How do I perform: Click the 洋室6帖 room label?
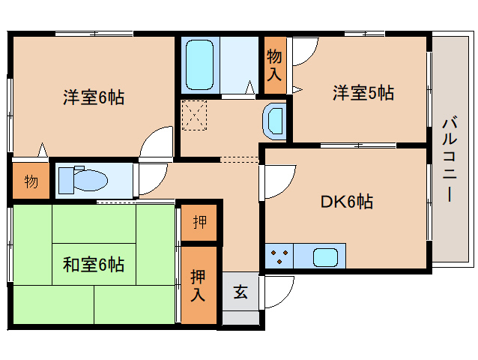point(94,97)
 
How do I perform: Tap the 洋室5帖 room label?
point(363,94)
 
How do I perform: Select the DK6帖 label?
point(347,201)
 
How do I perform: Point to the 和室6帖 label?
point(94,264)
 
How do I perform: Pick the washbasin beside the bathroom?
point(275,121)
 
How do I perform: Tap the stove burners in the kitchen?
point(279,256)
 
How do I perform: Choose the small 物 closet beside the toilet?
point(30,181)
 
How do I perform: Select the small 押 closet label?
point(199,223)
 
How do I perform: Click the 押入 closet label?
point(198,284)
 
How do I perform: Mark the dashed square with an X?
point(195,115)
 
